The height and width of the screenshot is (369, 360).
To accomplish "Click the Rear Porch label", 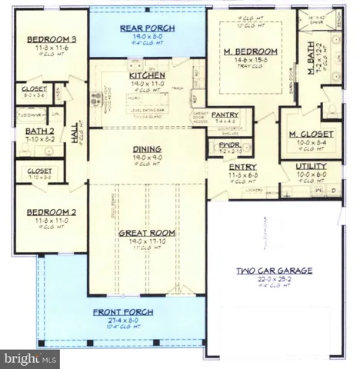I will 146,28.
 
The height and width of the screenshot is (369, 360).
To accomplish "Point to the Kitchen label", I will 145,76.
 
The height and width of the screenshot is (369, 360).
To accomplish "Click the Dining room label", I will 145,149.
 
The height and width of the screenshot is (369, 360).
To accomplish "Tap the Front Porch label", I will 123,311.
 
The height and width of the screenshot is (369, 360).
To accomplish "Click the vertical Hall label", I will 76,135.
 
